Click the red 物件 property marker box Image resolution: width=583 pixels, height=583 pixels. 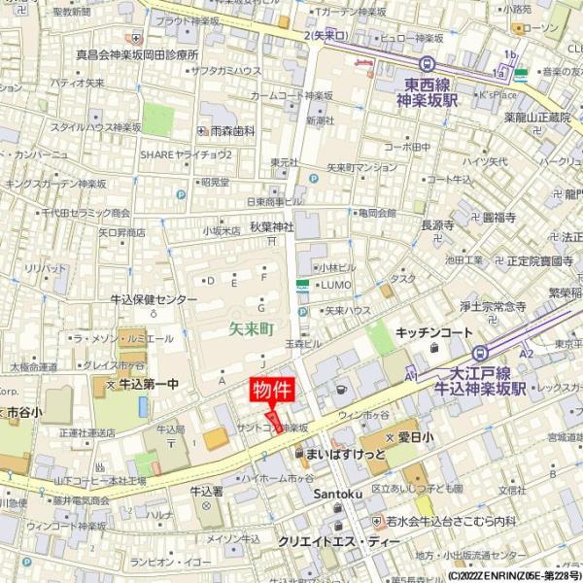[x=271, y=391]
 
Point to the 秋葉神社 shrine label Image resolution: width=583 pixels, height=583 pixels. [x=271, y=226]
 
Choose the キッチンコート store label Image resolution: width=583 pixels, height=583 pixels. [x=433, y=332]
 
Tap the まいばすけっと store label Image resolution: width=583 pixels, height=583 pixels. [x=345, y=454]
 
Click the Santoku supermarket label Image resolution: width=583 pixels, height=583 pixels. [x=338, y=494]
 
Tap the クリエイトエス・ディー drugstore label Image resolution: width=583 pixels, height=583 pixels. [x=338, y=541]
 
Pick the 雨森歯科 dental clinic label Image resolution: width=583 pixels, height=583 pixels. [x=232, y=130]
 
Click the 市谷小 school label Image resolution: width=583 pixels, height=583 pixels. [x=22, y=412]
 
